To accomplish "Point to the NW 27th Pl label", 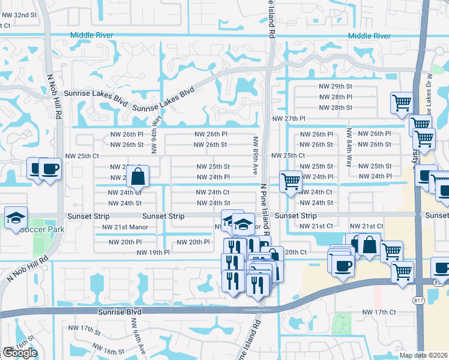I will pos(289,119).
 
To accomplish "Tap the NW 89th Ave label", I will pos(255,155).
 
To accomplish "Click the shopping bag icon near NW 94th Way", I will pos(137,178).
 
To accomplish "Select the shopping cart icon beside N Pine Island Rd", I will pos(291,181).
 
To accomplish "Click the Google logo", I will pos(19,353).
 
